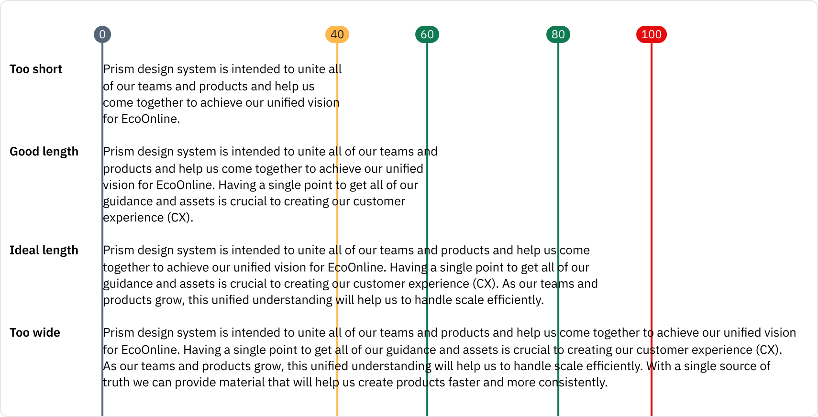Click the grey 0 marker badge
pyautogui.click(x=102, y=34)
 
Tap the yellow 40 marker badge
pyautogui.click(x=337, y=34)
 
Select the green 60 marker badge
pyautogui.click(x=427, y=34)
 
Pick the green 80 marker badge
pyautogui.click(x=558, y=34)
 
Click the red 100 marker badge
pyautogui.click(x=652, y=34)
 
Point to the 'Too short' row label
pyautogui.click(x=36, y=69)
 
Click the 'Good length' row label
pyautogui.click(x=44, y=152)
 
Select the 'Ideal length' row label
pyautogui.click(x=44, y=250)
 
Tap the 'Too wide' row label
pyautogui.click(x=35, y=333)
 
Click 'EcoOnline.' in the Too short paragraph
pyautogui.click(x=151, y=119)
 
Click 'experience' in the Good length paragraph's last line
pyautogui.click(x=133, y=218)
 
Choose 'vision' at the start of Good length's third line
pyautogui.click(x=119, y=185)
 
